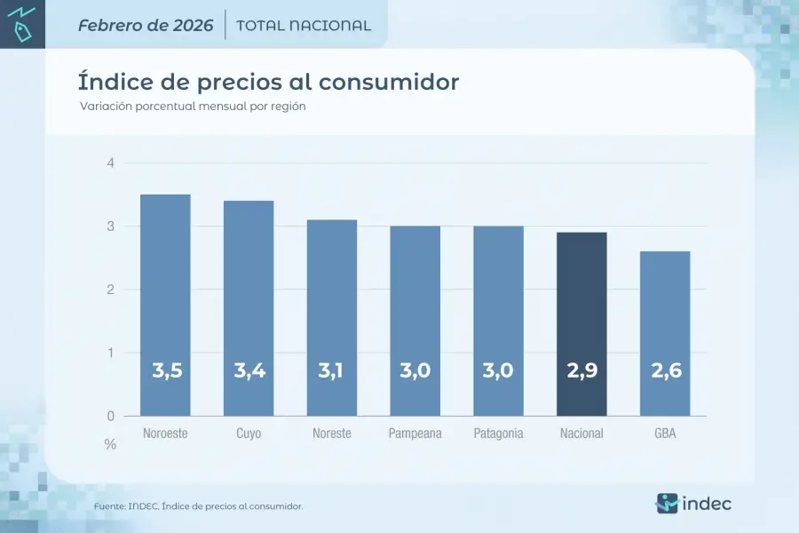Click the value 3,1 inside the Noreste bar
click(x=331, y=371)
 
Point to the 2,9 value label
click(x=581, y=371)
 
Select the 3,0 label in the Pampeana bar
click(x=415, y=371)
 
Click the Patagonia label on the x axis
click(x=498, y=434)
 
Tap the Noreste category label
click(x=332, y=434)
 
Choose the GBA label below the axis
click(x=665, y=434)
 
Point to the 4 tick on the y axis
click(x=110, y=163)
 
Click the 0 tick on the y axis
click(x=110, y=416)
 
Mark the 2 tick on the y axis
click(x=110, y=290)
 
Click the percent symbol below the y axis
click(x=110, y=444)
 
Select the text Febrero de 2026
click(x=146, y=25)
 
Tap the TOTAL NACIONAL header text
click(x=304, y=26)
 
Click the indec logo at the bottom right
click(x=694, y=503)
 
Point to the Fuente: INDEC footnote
click(x=199, y=506)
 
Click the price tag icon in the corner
click(x=22, y=33)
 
